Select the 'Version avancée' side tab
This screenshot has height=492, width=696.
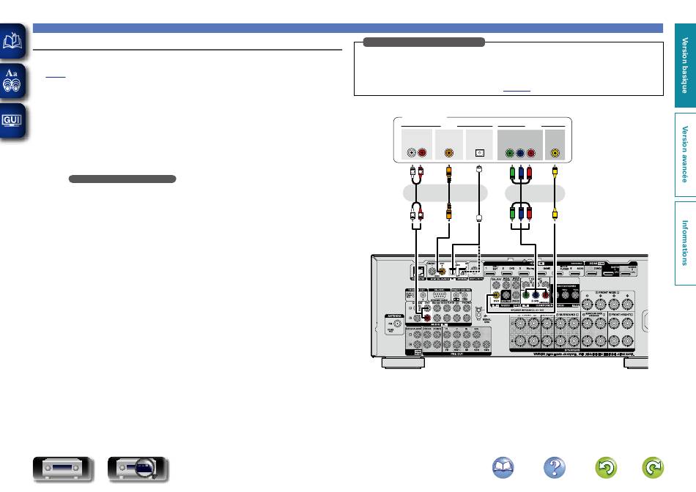[x=684, y=153]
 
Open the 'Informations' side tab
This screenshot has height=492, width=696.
[x=684, y=242]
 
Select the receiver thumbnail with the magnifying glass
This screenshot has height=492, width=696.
[x=138, y=469]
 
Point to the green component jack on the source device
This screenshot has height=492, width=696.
[x=510, y=154]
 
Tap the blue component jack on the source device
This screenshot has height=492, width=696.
[x=520, y=154]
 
